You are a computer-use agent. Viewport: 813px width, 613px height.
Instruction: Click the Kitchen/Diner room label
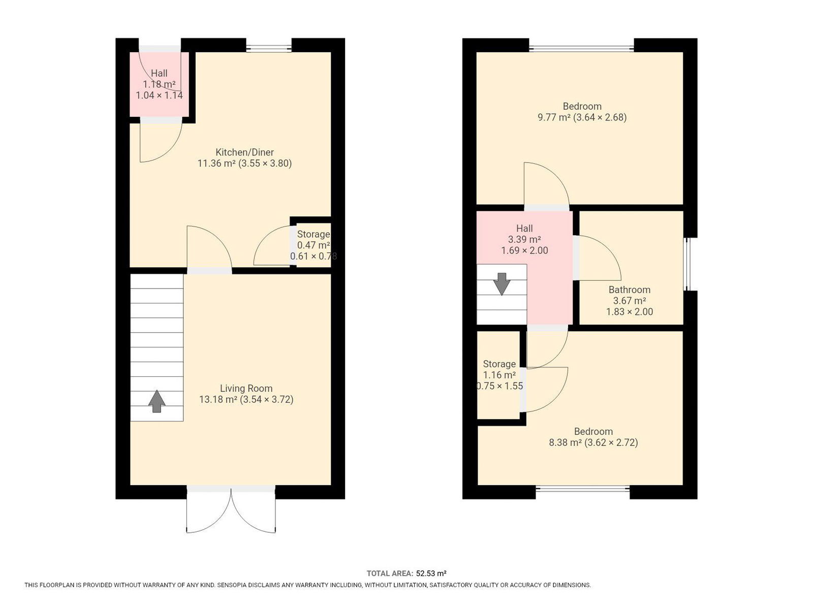(244, 152)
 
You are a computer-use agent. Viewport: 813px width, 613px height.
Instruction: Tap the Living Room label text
(246, 389)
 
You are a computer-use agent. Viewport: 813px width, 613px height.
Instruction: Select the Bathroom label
(629, 289)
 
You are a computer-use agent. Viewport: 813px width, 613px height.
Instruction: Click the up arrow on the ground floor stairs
(157, 401)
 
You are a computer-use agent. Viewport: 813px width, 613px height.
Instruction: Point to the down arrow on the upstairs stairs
(502, 284)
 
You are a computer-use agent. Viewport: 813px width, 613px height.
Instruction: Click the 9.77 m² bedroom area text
(553, 117)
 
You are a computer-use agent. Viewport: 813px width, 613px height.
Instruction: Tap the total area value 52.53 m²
(431, 573)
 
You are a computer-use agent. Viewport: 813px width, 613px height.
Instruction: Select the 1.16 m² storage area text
(499, 375)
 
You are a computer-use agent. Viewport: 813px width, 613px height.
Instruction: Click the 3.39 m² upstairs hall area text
(524, 240)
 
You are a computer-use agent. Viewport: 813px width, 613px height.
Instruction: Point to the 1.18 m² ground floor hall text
(159, 84)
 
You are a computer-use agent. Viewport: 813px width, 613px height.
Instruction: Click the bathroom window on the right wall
(687, 264)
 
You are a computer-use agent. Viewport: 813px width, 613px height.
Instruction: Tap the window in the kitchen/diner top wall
(269, 48)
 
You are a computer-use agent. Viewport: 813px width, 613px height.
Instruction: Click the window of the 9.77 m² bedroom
(581, 48)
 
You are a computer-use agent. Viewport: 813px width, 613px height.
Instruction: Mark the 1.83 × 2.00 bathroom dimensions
(629, 312)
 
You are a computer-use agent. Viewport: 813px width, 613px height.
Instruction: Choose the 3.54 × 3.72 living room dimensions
(267, 399)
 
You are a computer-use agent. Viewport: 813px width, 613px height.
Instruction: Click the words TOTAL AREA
(390, 573)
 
